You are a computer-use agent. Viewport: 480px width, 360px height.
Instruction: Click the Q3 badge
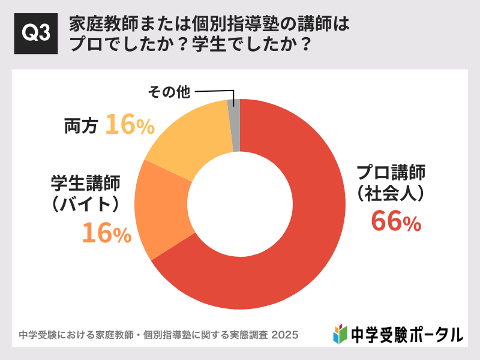[x=35, y=34]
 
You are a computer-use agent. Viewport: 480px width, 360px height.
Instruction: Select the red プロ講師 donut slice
[x=300, y=240]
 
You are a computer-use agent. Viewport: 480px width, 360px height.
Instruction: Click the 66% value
[x=396, y=221]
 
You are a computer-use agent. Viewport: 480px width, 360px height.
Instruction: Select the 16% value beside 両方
[x=130, y=125]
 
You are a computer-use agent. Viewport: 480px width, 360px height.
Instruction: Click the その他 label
[x=169, y=92]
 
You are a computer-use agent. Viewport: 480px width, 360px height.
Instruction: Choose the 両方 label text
[x=81, y=126]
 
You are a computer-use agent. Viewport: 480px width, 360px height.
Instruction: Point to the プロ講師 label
[x=391, y=173]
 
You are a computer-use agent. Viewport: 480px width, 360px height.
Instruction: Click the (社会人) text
[x=391, y=194]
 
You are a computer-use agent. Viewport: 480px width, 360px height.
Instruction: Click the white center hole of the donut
[x=240, y=204]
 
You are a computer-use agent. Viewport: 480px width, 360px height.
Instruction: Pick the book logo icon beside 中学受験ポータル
[x=340, y=333]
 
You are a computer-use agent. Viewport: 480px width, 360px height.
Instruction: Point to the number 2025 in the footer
[x=285, y=334]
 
